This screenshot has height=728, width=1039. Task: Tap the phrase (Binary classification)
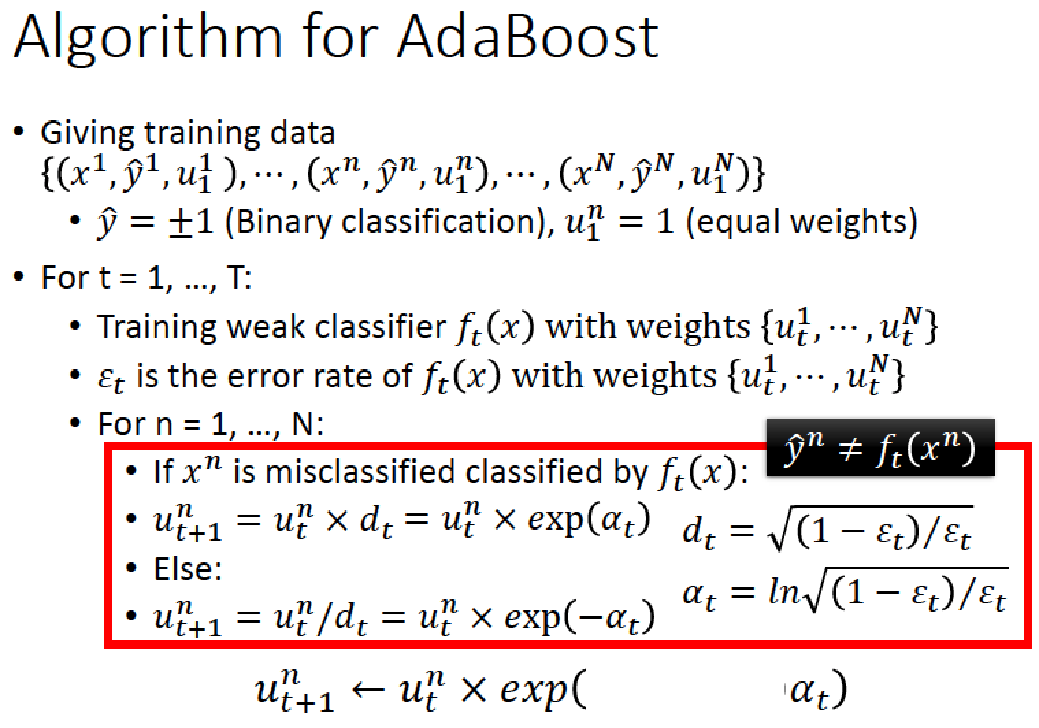tap(389, 222)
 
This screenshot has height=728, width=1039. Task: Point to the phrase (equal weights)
tap(801, 222)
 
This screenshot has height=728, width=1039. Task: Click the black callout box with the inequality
tap(880, 447)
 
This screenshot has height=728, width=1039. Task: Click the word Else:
tap(188, 569)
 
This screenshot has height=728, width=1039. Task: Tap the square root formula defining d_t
tap(827, 529)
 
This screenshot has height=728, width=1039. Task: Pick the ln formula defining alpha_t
tap(845, 591)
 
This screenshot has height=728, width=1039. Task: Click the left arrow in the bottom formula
tap(368, 690)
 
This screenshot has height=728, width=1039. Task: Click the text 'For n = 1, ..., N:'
tap(210, 424)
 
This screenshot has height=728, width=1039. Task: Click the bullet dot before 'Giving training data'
tap(18, 131)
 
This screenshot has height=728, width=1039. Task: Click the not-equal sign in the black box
tap(851, 450)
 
